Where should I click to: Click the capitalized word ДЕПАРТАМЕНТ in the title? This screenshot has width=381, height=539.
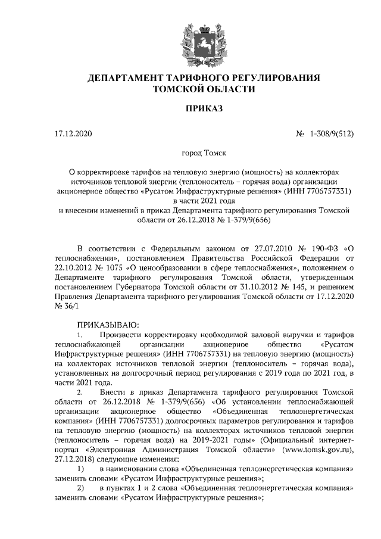pos(122,79)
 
